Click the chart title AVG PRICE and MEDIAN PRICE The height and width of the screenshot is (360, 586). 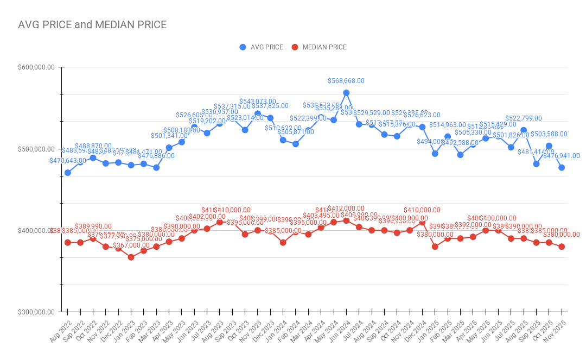(92, 24)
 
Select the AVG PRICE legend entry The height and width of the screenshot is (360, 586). (262, 47)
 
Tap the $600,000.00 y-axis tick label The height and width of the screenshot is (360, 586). (37, 67)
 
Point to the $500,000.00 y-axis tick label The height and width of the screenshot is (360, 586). (37, 149)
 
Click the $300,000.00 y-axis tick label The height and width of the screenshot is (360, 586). (37, 312)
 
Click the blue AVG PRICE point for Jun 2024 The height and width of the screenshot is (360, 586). (346, 93)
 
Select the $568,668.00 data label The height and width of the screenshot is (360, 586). (346, 81)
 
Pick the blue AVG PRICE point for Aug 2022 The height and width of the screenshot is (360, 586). (68, 173)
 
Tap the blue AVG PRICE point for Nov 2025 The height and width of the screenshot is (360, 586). (562, 168)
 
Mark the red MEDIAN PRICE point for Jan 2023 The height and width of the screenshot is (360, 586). (131, 257)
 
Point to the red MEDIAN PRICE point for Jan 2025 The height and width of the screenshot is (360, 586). (435, 247)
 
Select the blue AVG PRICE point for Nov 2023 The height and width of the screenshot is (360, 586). (258, 114)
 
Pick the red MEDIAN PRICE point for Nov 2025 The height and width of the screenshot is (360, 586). (562, 247)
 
